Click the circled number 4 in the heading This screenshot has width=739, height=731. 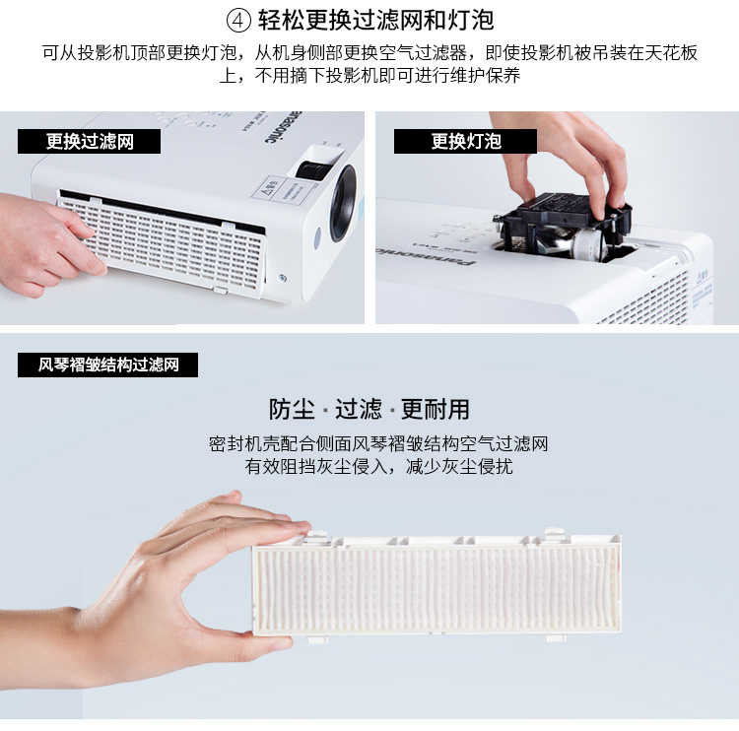pos(239,21)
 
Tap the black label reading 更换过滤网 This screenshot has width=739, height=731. pos(89,142)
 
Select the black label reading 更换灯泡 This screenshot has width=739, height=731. pos(465,142)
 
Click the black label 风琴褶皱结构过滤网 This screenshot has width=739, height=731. pos(108,365)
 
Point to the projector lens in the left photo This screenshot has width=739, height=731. pos(343,203)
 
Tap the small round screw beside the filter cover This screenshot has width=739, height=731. pos(283,278)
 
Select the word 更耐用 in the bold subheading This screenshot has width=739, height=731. pos(435,409)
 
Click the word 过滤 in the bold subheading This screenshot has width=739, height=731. pos(359,409)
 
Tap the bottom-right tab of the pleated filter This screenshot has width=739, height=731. pos(556,638)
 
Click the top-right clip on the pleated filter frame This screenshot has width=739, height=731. pos(555,534)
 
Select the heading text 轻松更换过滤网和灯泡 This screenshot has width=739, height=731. pos(375,21)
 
